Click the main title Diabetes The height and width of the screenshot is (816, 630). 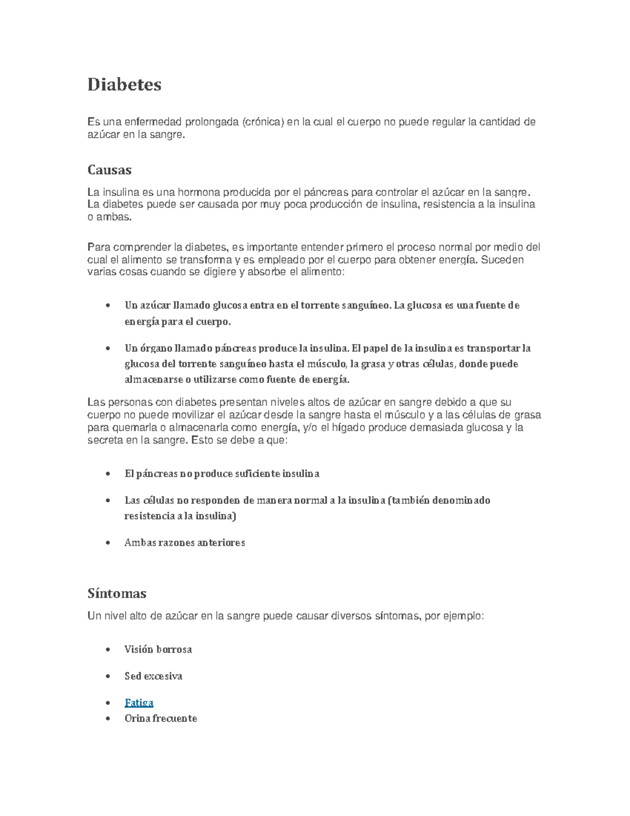point(124,85)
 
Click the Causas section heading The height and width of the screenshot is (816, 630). point(109,170)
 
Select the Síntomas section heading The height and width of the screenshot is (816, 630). point(117,594)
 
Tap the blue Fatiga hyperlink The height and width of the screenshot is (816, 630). point(139,703)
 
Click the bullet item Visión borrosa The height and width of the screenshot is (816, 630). point(158,649)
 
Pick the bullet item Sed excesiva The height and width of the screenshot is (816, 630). point(153,676)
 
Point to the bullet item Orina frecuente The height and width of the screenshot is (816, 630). point(161,718)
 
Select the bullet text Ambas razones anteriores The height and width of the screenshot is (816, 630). point(185,542)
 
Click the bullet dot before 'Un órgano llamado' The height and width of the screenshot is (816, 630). point(108,348)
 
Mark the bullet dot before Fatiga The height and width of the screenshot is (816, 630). point(108,703)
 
